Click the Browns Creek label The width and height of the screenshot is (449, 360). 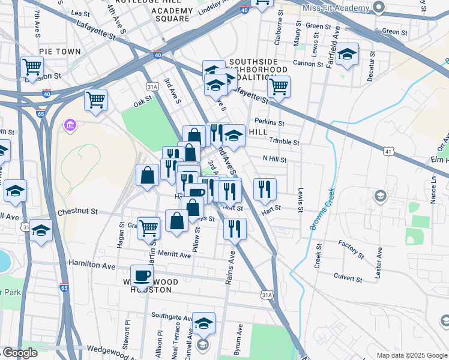point(322,214)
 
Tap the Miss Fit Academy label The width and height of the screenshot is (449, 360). point(336,8)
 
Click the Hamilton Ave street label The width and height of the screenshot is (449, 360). point(91,264)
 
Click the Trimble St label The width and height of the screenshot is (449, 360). point(285,142)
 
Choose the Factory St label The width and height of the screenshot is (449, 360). point(351,249)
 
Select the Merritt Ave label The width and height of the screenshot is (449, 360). point(175,255)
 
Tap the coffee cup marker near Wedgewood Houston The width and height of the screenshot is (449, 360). point(142,276)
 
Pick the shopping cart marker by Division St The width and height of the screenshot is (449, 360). point(32,67)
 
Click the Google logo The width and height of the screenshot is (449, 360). point(20,353)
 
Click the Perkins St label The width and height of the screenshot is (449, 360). point(269,122)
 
